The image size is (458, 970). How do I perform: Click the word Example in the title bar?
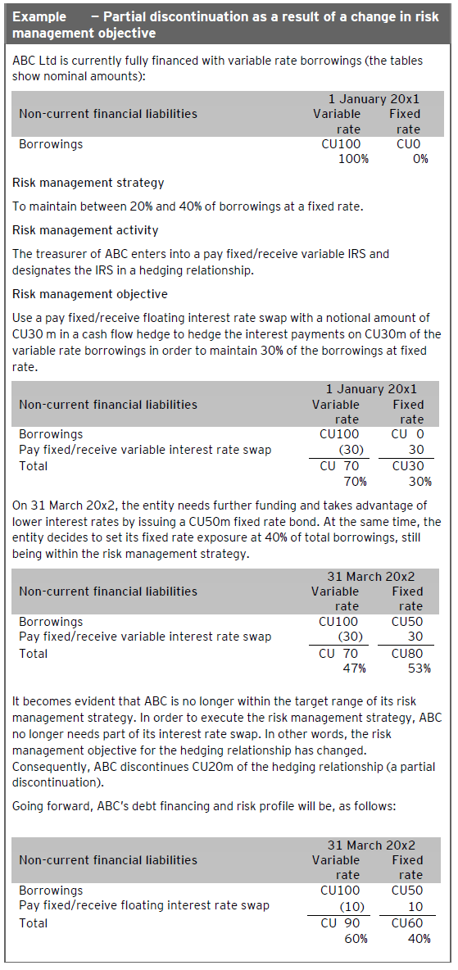tap(40, 17)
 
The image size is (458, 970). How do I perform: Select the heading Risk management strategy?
tap(88, 183)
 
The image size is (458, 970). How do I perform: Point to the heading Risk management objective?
tap(90, 294)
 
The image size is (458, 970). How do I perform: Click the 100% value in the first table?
tap(354, 159)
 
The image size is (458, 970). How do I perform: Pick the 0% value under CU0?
tap(420, 159)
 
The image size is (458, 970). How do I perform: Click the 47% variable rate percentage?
tap(352, 669)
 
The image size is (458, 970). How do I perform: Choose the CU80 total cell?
tap(408, 654)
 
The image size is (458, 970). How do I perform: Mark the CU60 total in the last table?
tap(407, 923)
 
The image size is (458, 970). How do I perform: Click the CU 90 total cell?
tap(339, 923)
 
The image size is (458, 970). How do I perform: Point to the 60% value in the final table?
tap(353, 939)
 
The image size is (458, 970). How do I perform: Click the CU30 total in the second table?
tap(407, 466)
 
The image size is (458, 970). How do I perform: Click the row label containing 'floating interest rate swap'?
tap(144, 906)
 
